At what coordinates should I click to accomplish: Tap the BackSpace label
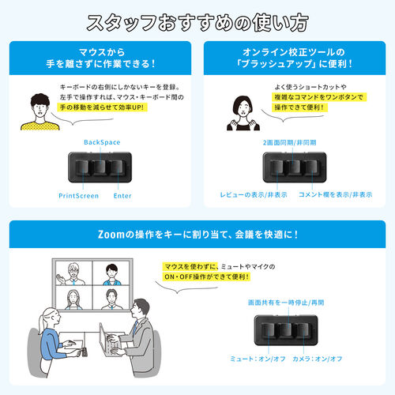click(x=101, y=142)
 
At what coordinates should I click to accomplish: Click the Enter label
click(x=122, y=195)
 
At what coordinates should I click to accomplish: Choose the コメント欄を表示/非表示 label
click(x=329, y=194)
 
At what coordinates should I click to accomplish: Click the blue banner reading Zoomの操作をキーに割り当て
click(x=197, y=235)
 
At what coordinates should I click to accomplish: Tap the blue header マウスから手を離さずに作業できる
click(x=100, y=58)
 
